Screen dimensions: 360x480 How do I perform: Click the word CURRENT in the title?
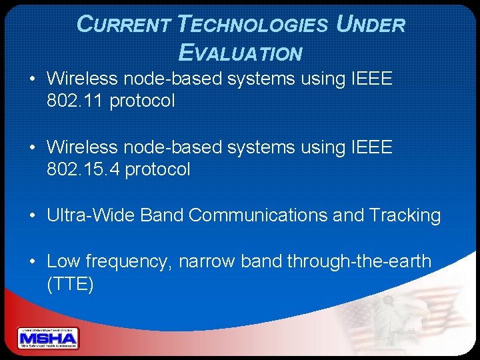[124, 25]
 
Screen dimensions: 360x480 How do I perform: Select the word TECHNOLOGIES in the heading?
[253, 25]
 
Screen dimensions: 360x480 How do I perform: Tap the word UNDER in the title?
[371, 25]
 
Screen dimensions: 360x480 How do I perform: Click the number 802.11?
[75, 101]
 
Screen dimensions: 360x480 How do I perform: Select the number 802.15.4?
[83, 169]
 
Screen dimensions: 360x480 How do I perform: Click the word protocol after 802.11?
[142, 101]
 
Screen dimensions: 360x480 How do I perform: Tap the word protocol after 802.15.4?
[158, 169]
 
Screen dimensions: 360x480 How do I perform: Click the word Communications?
[288, 215]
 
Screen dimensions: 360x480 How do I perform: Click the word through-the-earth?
[359, 261]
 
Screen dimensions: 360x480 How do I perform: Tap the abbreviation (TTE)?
[70, 285]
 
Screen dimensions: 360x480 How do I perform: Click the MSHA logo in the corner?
[48, 339]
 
